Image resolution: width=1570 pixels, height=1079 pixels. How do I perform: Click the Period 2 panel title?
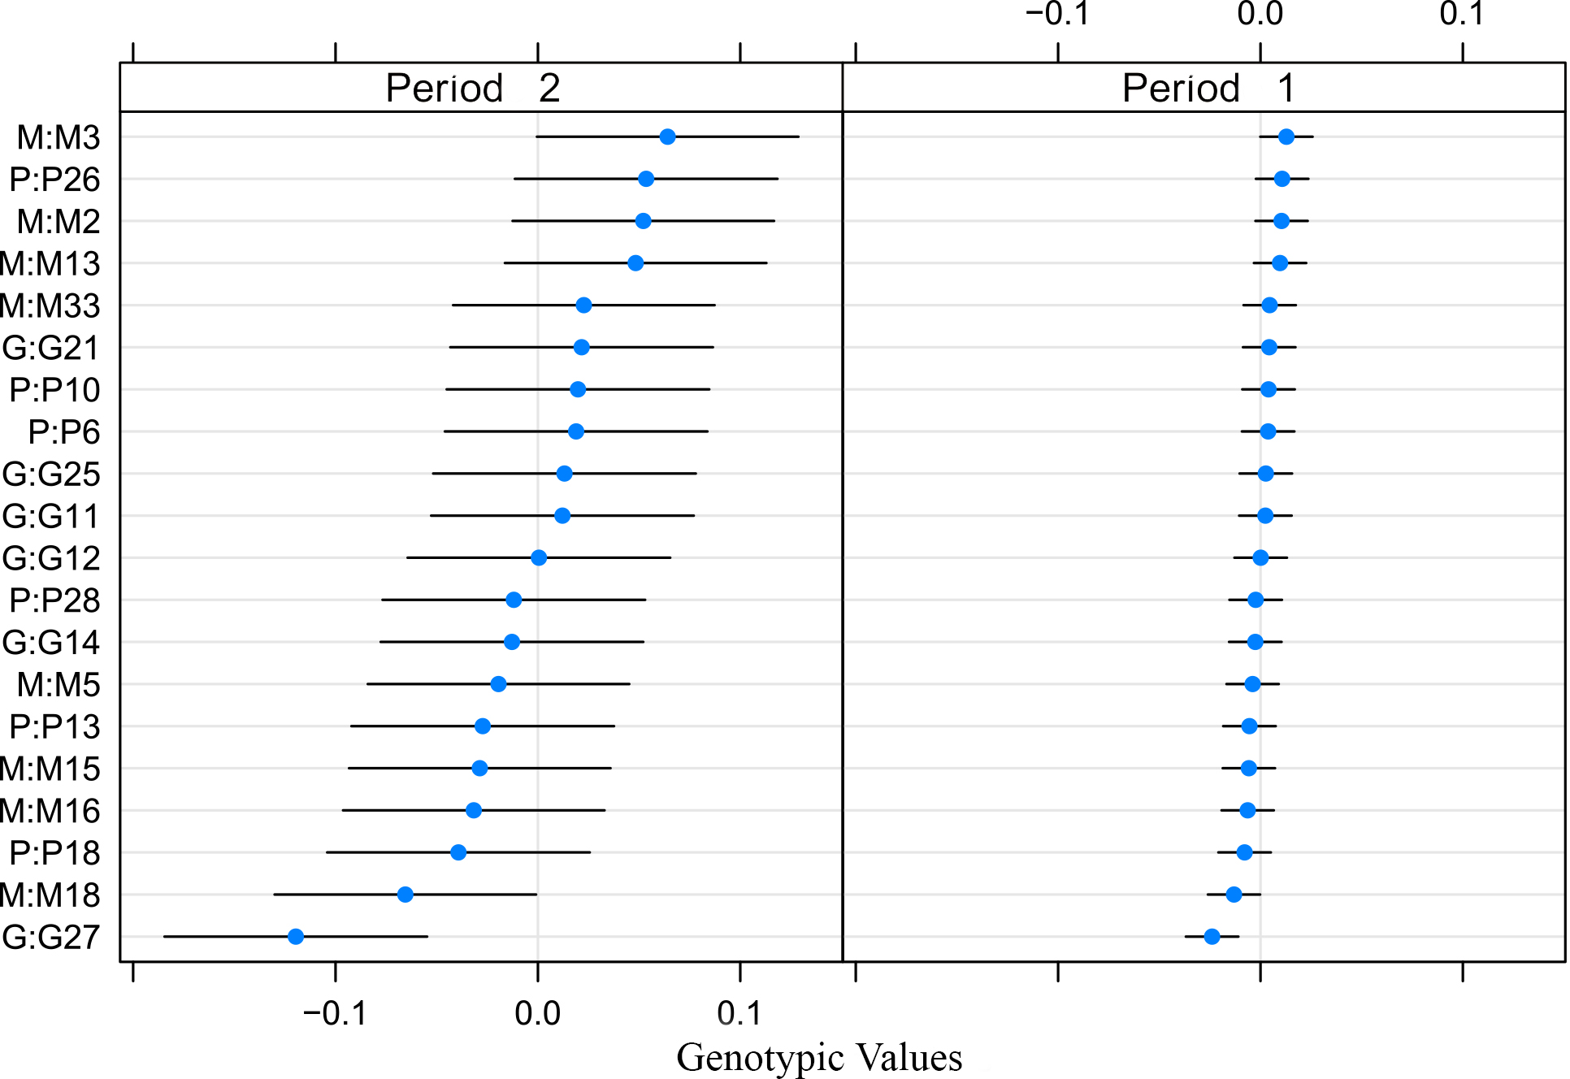pyautogui.click(x=473, y=88)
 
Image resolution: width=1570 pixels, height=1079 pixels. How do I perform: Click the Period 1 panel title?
pyautogui.click(x=1208, y=88)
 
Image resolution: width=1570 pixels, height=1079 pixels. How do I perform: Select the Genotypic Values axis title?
pyautogui.click(x=819, y=1057)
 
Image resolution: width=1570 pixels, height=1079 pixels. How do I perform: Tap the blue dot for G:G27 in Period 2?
pyautogui.click(x=296, y=937)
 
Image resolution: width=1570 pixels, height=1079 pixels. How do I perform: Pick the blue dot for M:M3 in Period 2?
pyautogui.click(x=667, y=136)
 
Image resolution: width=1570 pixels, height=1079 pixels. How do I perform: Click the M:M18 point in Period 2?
pyautogui.click(x=406, y=895)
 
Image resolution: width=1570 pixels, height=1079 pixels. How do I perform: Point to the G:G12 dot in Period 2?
pyautogui.click(x=539, y=557)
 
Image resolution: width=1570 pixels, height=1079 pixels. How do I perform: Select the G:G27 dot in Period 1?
pyautogui.click(x=1212, y=937)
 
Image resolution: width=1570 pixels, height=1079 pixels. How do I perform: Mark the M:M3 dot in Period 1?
pyautogui.click(x=1286, y=136)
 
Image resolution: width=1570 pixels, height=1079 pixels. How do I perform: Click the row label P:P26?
pyautogui.click(x=54, y=180)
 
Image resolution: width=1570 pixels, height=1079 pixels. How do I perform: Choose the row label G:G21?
pyautogui.click(x=50, y=348)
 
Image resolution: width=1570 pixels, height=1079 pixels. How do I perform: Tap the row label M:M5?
pyautogui.click(x=59, y=685)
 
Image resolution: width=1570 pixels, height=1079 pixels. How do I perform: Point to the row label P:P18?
pyautogui.click(x=54, y=853)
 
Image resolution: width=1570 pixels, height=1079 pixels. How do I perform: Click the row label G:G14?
pyautogui.click(x=50, y=643)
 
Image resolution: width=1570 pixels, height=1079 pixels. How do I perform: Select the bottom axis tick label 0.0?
pyautogui.click(x=538, y=1013)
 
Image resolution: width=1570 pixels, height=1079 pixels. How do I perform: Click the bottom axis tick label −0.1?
pyautogui.click(x=335, y=1013)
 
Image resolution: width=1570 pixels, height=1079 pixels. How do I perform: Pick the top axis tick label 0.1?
pyautogui.click(x=1462, y=14)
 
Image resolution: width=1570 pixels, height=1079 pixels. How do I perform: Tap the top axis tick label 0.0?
pyautogui.click(x=1260, y=14)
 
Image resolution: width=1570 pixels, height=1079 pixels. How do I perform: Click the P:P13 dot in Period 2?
pyautogui.click(x=483, y=726)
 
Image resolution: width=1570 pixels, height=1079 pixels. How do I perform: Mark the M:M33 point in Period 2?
pyautogui.click(x=583, y=305)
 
